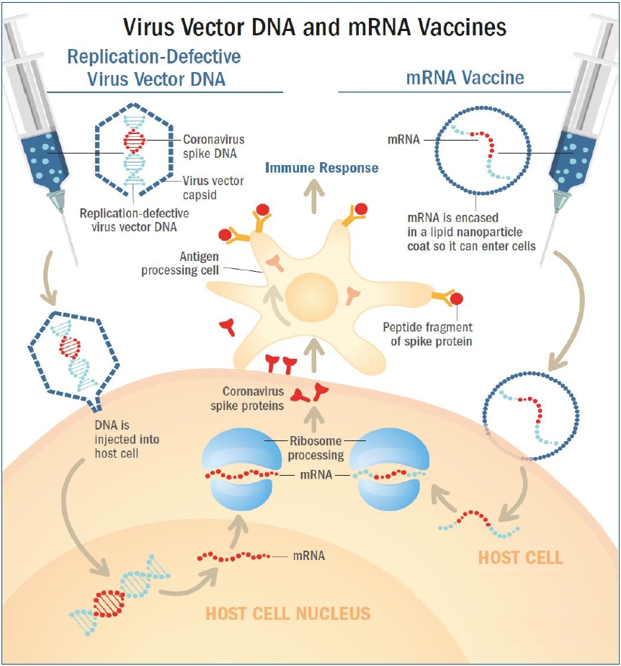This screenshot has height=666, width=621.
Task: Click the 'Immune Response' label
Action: pos(322,168)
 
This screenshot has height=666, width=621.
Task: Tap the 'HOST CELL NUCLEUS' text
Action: pos(287,614)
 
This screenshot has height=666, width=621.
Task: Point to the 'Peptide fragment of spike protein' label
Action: pos(427,334)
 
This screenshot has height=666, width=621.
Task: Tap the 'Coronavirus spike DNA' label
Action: pos(213,146)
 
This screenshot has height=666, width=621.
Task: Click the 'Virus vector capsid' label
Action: pos(213,187)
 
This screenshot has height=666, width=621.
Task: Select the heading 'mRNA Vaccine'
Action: pos(465,78)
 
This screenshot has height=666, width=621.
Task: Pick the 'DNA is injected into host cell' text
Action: pos(127,439)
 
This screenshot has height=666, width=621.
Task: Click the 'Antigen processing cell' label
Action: pos(180,263)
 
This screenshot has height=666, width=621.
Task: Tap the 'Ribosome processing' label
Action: pos(316,448)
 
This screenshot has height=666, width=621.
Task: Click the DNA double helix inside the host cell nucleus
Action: pos(120,595)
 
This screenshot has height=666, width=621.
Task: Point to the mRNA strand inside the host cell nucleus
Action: pos(233,556)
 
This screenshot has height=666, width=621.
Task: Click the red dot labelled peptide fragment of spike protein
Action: pos(457,298)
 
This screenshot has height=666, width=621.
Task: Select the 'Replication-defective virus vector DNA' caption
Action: pos(134,220)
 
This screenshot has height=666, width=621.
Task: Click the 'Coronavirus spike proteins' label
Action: pos(247,399)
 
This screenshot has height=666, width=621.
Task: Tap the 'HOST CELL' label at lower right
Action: pos(520,558)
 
